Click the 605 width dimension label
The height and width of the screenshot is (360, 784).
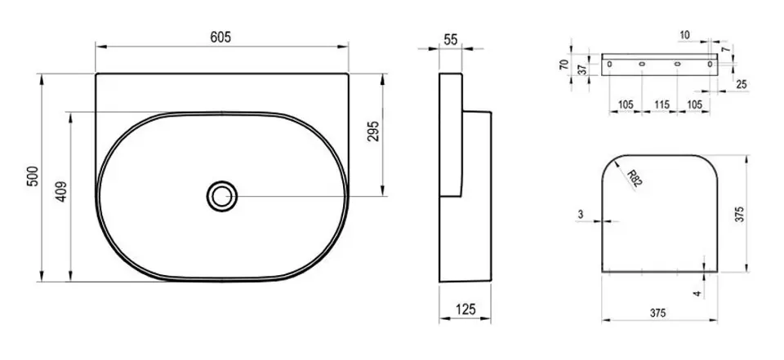point(220,37)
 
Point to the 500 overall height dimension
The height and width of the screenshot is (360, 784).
point(33,176)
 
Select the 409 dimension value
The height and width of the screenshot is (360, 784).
point(61,191)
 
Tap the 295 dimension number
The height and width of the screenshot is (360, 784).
point(373,131)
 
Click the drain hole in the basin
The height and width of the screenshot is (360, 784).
point(221,196)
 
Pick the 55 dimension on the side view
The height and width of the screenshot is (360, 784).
point(451,40)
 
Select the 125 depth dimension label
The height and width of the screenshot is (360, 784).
point(465,309)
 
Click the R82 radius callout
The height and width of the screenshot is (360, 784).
point(634,178)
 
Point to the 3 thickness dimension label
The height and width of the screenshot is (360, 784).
point(581,214)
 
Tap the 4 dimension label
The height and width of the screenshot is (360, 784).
point(697,293)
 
